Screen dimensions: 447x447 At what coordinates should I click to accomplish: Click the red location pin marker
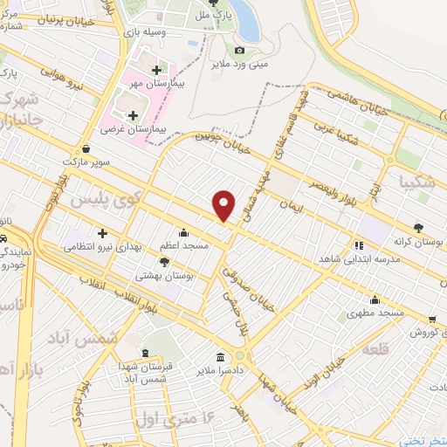224,205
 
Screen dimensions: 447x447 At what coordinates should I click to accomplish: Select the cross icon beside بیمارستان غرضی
133,115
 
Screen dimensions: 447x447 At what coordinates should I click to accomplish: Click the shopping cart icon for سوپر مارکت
86,148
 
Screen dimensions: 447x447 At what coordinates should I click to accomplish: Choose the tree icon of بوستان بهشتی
165,261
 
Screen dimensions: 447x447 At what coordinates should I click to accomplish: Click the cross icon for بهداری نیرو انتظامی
103,233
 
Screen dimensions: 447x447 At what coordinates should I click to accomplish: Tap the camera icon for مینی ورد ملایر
239,50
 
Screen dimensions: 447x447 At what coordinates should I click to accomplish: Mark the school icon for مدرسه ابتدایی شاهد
359,244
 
